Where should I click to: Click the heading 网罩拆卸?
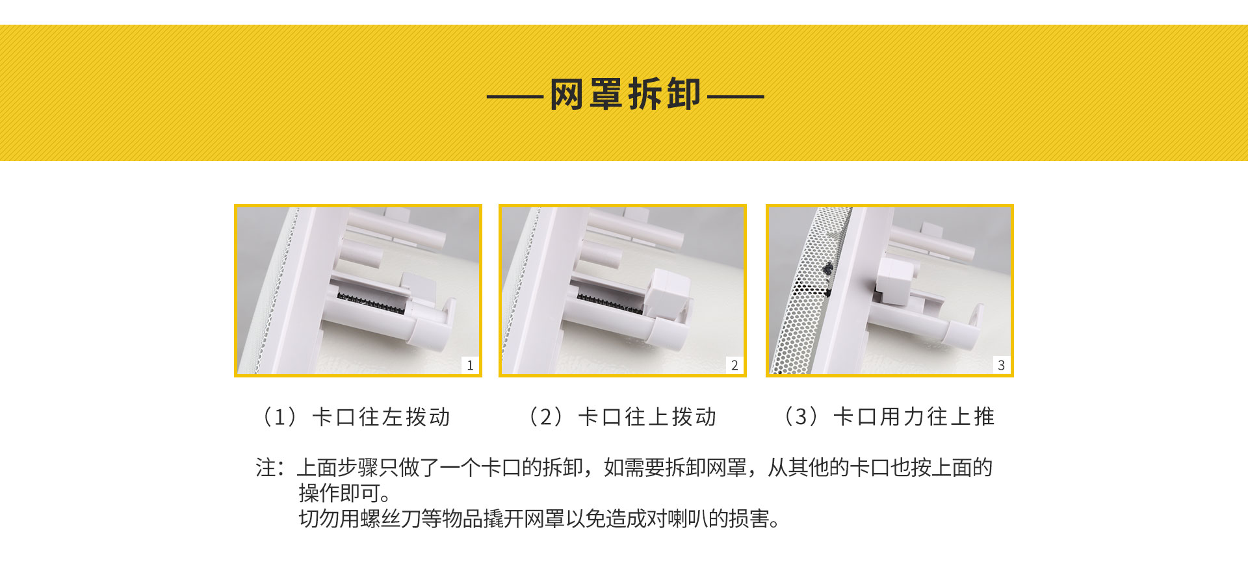[x=625, y=94]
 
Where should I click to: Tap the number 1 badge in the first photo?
[x=470, y=365]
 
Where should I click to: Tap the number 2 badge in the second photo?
[x=734, y=365]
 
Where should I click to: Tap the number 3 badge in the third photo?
[x=1001, y=365]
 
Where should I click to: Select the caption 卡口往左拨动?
[x=381, y=417]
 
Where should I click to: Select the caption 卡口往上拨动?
[x=647, y=417]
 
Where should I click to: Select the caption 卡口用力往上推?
[x=914, y=417]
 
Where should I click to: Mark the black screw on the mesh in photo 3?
[x=827, y=268]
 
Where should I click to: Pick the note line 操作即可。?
[x=344, y=494]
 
